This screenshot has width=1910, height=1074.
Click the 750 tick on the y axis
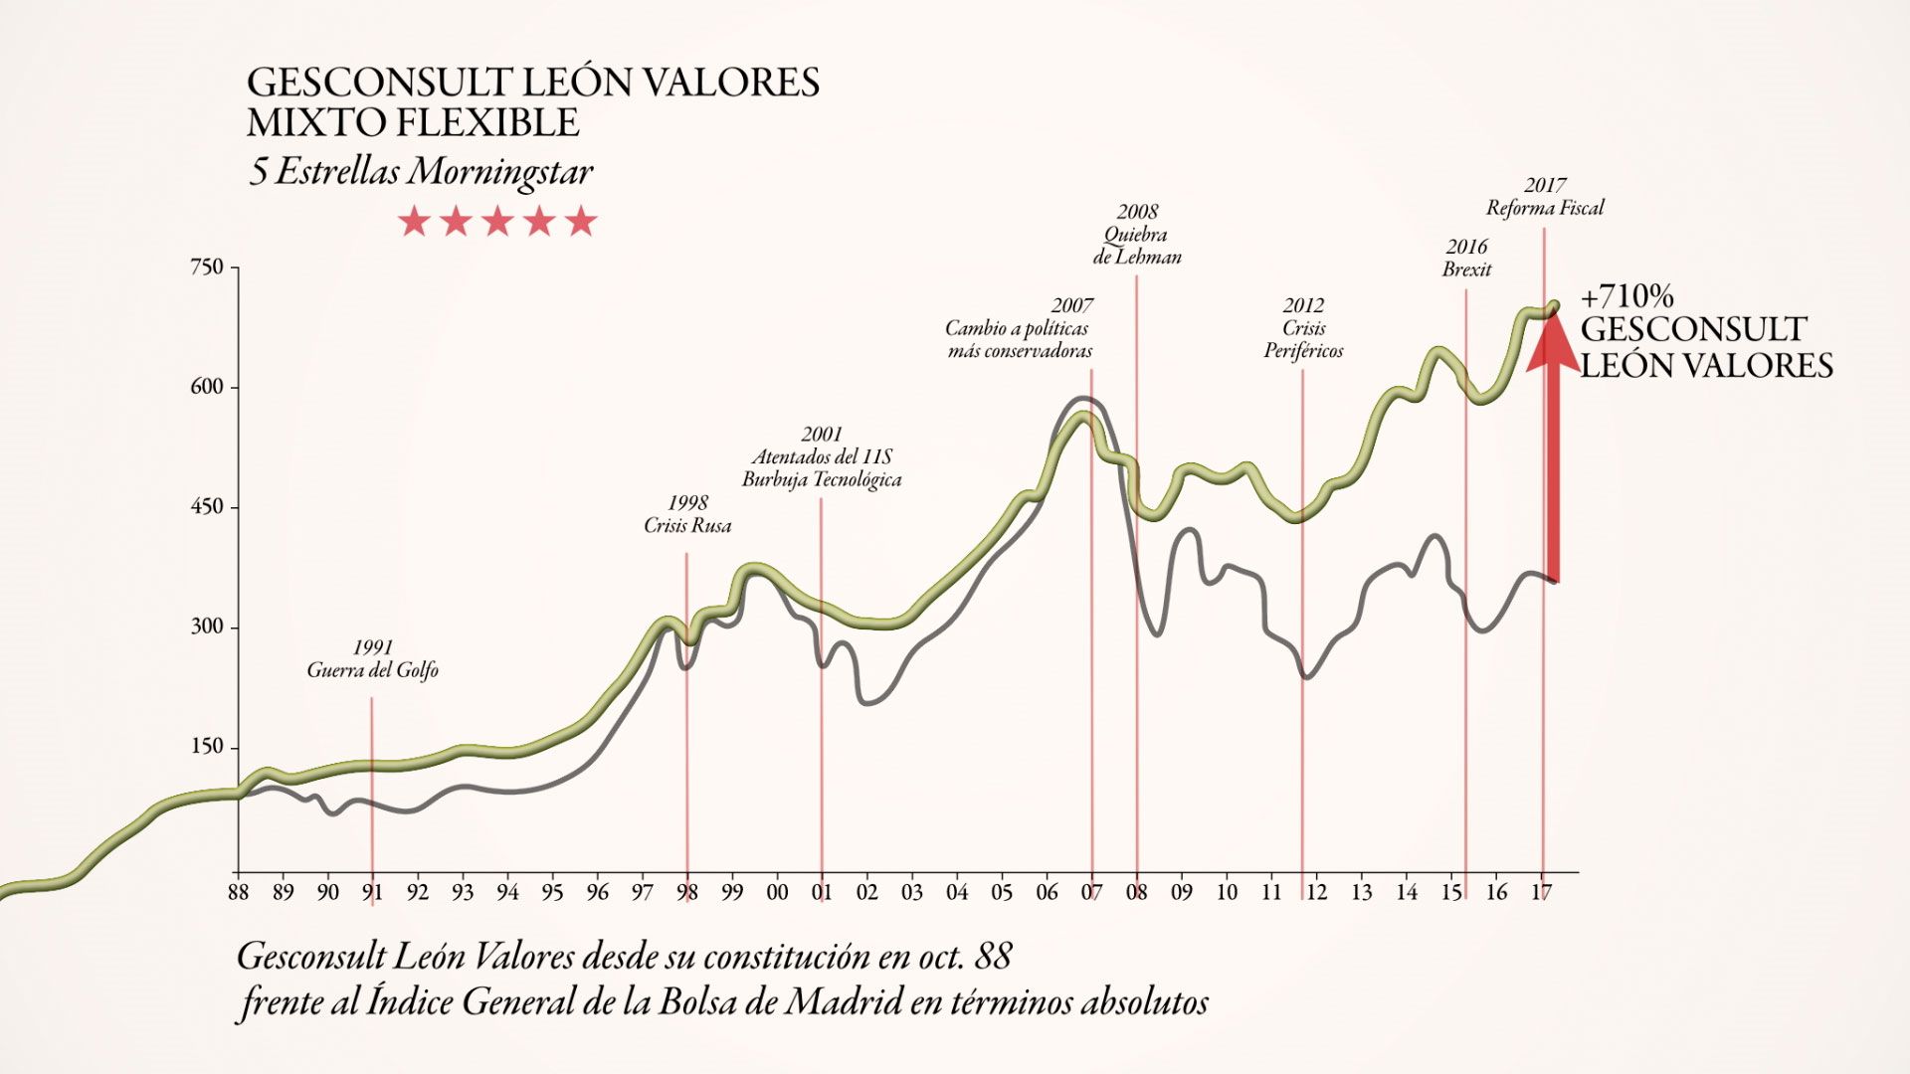207,268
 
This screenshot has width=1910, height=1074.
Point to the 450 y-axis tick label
207,507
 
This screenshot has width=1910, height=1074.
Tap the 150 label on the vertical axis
207,748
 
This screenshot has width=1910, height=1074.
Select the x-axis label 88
238,892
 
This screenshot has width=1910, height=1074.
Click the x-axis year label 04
957,892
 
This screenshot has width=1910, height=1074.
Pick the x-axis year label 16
1496,892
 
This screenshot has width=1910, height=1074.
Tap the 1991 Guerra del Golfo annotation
372,659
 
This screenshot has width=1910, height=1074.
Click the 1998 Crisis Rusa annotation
687,514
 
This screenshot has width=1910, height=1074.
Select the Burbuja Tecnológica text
822,479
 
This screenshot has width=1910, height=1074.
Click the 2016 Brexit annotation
1467,258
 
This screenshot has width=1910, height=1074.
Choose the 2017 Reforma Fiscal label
1545,196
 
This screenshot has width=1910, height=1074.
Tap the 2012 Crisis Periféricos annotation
1303,328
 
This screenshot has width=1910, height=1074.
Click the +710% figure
1627,296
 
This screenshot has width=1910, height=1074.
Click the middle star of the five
497,221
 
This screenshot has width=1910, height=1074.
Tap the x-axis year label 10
1227,892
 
